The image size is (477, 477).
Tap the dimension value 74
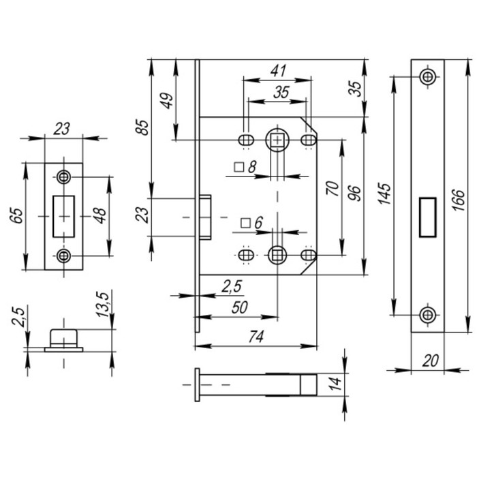pyautogui.click(x=257, y=337)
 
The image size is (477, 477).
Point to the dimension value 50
pyautogui.click(x=238, y=307)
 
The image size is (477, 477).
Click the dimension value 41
pyautogui.click(x=277, y=70)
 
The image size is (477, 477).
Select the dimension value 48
pyautogui.click(x=99, y=215)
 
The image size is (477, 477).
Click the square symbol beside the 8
pyautogui.click(x=238, y=166)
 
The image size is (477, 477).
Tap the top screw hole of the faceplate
pyautogui.click(x=427, y=76)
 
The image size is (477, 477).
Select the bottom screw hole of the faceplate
pyautogui.click(x=427, y=315)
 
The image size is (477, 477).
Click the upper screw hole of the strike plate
pyautogui.click(x=64, y=176)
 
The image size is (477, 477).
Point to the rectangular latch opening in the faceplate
pyautogui.click(x=427, y=216)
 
